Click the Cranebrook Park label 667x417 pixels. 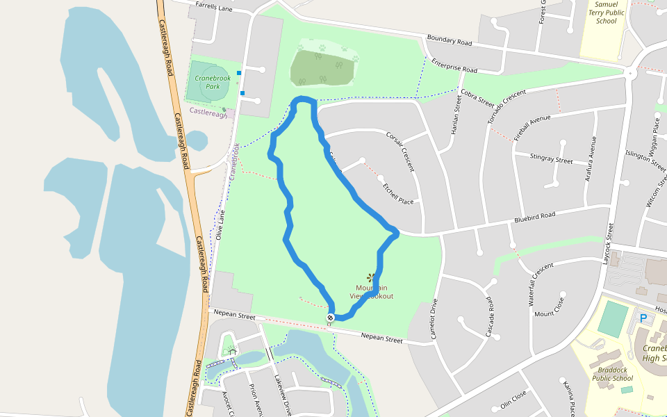[x=207, y=82]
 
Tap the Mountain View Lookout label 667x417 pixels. [x=372, y=292]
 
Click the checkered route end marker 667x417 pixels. [x=331, y=318]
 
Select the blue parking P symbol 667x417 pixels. [x=643, y=318]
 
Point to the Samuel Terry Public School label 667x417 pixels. [x=607, y=13]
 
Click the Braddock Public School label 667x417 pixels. [x=613, y=374]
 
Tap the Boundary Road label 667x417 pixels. [x=450, y=40]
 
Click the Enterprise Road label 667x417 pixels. [x=454, y=65]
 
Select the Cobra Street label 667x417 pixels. [x=477, y=97]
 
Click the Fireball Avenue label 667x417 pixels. [x=532, y=128]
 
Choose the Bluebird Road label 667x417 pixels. [x=535, y=219]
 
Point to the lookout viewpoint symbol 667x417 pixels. [x=370, y=278]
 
